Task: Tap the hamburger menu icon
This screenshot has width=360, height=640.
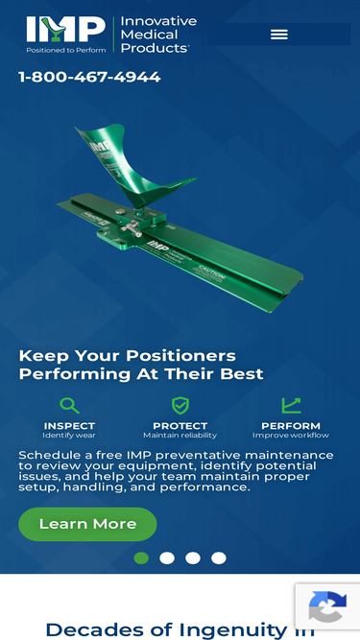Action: tap(279, 35)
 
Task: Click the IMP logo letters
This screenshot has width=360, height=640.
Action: tap(65, 29)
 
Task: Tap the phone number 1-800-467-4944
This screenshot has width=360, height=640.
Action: tap(89, 77)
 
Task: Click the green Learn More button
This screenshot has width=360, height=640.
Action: tap(87, 524)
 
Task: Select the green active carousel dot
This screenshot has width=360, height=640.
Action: tap(141, 557)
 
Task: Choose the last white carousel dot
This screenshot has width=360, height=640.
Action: tap(219, 557)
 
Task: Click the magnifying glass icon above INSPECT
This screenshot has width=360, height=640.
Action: tap(69, 406)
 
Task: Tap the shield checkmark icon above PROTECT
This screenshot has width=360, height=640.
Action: tap(180, 406)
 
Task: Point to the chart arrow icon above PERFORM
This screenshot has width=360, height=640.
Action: tap(291, 406)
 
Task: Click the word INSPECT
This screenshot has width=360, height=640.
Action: tap(69, 426)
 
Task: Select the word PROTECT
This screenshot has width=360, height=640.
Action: tap(180, 426)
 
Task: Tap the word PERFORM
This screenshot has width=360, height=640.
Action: tap(291, 426)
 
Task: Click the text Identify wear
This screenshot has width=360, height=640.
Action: tap(69, 436)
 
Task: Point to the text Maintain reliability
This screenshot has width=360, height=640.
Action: tap(180, 436)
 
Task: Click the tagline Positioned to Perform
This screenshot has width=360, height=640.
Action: tap(66, 50)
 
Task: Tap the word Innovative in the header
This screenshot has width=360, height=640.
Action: tap(158, 21)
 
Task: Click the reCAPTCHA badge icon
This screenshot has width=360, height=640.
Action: tap(327, 606)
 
